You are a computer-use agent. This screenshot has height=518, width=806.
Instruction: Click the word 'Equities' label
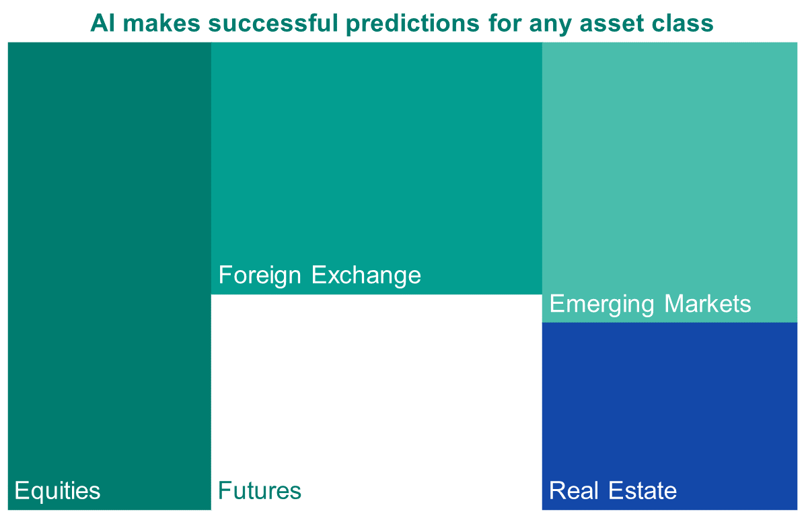pyautogui.click(x=58, y=490)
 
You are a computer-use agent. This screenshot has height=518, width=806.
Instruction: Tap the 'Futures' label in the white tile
pyautogui.click(x=260, y=490)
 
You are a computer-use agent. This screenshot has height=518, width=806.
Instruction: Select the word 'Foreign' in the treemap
pyautogui.click(x=260, y=276)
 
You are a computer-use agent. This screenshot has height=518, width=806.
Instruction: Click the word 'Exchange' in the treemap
pyautogui.click(x=367, y=276)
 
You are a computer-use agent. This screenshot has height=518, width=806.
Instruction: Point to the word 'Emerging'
pyautogui.click(x=602, y=304)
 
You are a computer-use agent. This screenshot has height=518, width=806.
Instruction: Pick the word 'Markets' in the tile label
pyautogui.click(x=708, y=304)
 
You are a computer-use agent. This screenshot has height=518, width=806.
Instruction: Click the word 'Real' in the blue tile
pyautogui.click(x=574, y=490)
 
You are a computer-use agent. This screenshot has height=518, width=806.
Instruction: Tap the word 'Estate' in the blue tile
pyautogui.click(x=643, y=490)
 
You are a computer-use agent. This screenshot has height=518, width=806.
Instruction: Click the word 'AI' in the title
pyautogui.click(x=103, y=23)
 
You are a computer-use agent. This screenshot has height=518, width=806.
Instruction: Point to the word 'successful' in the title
pyautogui.click(x=272, y=23)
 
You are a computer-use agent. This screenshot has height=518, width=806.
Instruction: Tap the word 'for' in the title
pyautogui.click(x=504, y=23)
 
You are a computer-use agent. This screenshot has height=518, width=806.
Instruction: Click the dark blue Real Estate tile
pyautogui.click(x=669, y=416)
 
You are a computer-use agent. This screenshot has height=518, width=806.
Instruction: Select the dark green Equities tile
pyautogui.click(x=110, y=276)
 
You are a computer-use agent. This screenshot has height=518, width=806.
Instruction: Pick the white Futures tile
pyautogui.click(x=377, y=402)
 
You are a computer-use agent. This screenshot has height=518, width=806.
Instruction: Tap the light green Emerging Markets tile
pyautogui.click(x=669, y=183)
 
